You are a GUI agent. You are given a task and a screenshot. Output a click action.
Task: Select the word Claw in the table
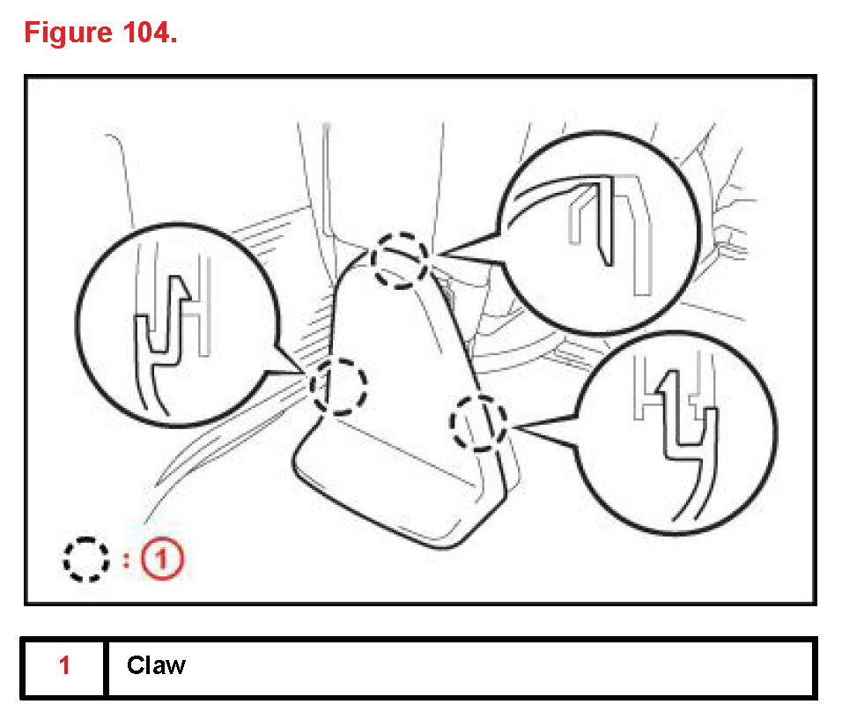(156, 665)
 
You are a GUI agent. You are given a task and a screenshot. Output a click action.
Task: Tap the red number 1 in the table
(64, 665)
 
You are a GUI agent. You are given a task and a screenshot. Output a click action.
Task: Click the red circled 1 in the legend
(166, 559)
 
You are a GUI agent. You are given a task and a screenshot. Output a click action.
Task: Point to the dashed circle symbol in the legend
(86, 559)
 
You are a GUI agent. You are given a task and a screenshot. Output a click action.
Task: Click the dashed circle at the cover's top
(400, 261)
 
